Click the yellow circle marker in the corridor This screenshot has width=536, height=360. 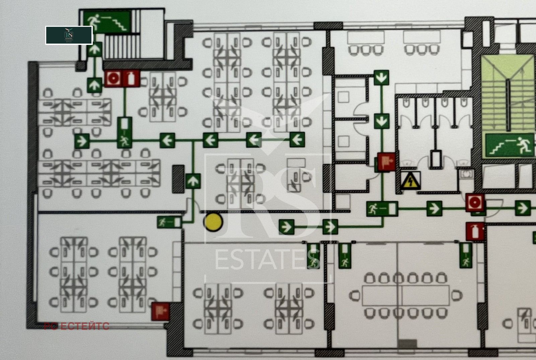(213, 222)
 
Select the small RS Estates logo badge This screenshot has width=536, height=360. (69, 35)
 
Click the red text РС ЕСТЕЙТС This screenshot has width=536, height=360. (77, 326)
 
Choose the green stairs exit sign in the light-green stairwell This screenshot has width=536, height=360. (510, 145)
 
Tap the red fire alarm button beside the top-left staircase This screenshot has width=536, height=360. (113, 79)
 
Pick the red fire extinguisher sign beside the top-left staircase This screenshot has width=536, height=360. (131, 79)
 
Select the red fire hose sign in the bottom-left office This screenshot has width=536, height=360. (160, 311)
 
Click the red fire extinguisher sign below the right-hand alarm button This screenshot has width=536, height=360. (475, 231)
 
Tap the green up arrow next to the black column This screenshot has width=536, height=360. (193, 181)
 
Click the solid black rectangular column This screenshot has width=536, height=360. (178, 179)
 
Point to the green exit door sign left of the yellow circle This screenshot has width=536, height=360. (169, 222)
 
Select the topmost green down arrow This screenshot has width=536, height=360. (381, 77)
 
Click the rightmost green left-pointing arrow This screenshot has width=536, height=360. (297, 139)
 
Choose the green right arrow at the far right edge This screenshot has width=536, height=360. (522, 208)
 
